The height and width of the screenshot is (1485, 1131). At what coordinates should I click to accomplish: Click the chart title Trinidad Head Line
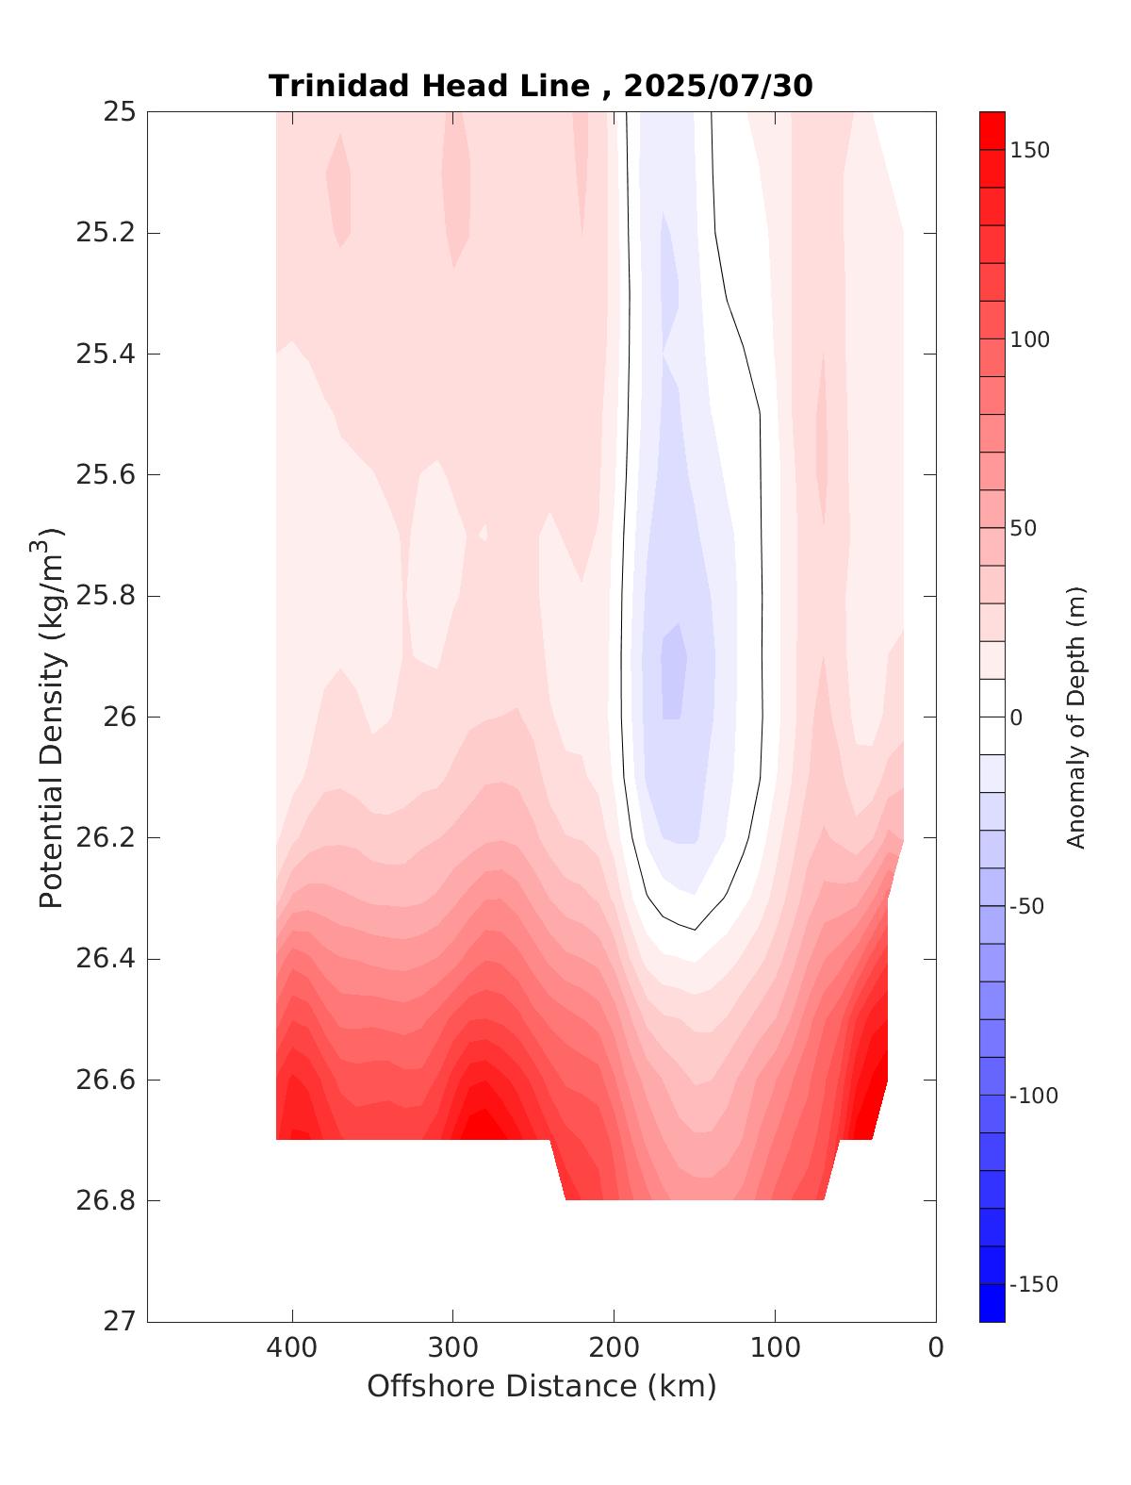430,86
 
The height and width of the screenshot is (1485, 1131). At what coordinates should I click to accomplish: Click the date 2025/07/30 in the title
718,86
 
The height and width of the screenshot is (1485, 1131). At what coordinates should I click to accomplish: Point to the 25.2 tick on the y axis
105,233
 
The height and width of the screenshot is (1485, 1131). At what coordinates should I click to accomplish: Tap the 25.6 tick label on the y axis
105,475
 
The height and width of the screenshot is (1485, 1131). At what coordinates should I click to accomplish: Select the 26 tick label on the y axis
118,718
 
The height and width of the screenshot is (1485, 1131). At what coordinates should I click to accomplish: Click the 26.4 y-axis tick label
105,959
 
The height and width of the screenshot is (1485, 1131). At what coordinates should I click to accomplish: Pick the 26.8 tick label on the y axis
105,1201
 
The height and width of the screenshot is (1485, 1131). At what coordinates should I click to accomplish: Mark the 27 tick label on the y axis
118,1322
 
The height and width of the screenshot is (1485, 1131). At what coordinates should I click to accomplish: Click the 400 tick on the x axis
292,1348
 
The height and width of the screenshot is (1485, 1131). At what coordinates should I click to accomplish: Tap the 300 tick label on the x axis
453,1348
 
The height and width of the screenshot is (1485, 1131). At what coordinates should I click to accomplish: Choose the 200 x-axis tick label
615,1348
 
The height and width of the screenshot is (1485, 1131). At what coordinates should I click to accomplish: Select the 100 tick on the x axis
776,1348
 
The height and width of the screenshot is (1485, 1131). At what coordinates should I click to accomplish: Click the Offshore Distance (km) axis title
541,1387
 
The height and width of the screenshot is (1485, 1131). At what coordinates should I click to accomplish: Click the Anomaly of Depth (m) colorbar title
1076,717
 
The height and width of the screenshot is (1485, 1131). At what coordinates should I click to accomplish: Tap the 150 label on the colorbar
1029,151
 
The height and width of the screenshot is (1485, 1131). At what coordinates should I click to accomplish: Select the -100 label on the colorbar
1033,1096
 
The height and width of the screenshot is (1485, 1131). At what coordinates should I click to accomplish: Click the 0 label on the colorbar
1016,718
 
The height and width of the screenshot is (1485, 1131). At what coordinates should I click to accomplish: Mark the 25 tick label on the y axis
118,112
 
